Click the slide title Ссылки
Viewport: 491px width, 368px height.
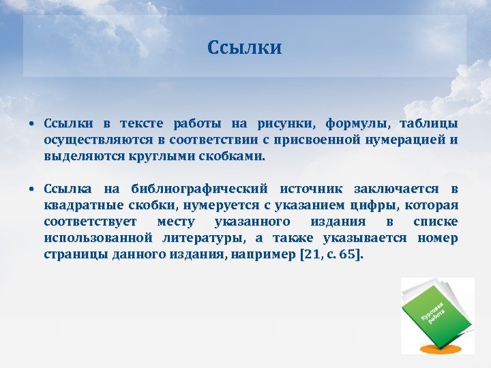pyautogui.click(x=245, y=48)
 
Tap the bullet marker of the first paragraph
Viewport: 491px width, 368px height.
pyautogui.click(x=32, y=124)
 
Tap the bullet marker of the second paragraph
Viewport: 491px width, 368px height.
pyautogui.click(x=32, y=189)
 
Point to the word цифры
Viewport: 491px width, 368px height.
pyautogui.click(x=374, y=205)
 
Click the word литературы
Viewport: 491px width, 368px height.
pyautogui.click(x=205, y=238)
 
